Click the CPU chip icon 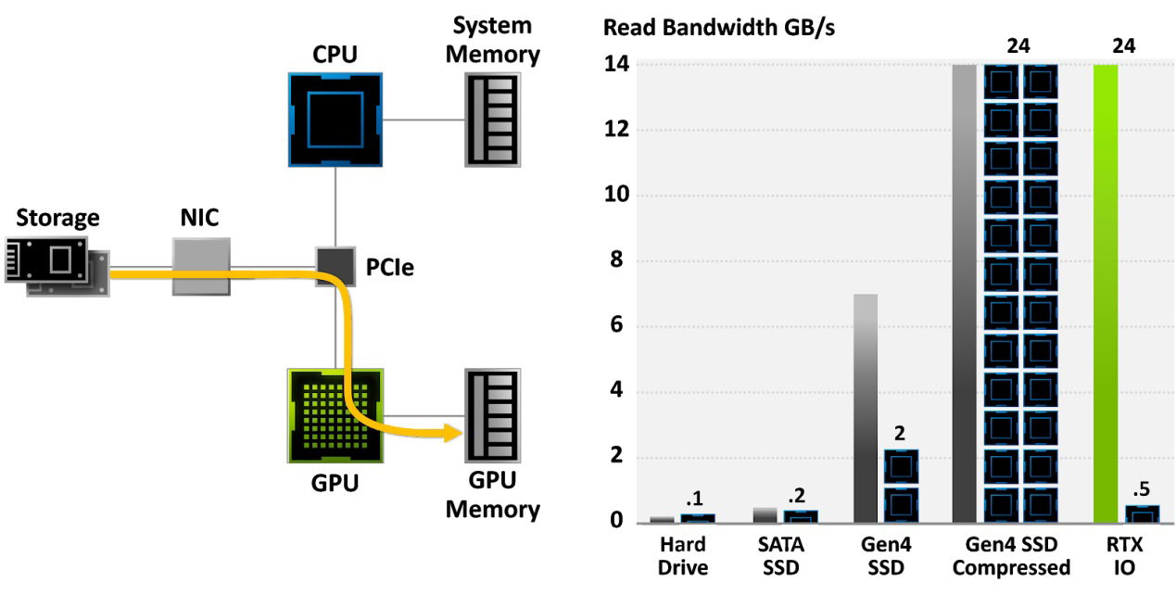coord(335,120)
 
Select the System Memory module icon coord(492,120)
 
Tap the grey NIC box coord(202,267)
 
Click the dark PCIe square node coord(335,266)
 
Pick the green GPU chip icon coord(335,416)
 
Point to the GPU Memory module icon coord(492,416)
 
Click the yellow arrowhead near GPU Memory coord(453,433)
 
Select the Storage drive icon coord(57,267)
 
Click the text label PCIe coord(389,267)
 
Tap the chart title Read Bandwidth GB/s coord(719,28)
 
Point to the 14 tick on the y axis coord(616,64)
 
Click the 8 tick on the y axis coord(616,260)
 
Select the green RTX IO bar coord(1106,294)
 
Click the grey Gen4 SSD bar coord(866,409)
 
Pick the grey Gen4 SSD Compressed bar coord(965,294)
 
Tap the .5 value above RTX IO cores coord(1142,489)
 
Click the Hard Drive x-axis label coord(683,556)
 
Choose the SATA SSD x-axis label coord(781,556)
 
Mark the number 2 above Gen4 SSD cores coord(900,433)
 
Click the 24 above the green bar coord(1123,46)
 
